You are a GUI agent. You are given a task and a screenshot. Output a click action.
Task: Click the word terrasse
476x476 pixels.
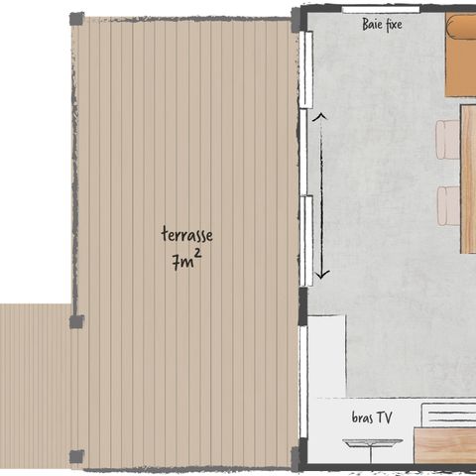click(186, 235)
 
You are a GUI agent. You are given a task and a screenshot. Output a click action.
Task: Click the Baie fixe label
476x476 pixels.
click(382, 24)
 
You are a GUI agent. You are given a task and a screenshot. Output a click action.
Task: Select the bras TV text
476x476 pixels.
click(372, 418)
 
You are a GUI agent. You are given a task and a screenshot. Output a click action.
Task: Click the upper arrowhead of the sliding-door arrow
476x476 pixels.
click(319, 118)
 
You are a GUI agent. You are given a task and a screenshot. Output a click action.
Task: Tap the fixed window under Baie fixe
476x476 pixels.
click(380, 9)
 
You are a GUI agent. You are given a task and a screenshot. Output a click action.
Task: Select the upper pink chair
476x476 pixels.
click(448, 140)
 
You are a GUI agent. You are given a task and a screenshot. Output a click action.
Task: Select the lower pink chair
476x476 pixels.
click(448, 205)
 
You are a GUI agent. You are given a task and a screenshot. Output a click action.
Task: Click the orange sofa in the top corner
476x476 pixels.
click(461, 55)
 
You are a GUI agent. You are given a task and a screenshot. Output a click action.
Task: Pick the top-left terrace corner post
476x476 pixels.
click(76, 19)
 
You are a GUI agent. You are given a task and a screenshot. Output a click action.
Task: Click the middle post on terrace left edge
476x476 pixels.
click(76, 321)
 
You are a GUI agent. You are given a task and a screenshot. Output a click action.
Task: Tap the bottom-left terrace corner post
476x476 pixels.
click(76, 456)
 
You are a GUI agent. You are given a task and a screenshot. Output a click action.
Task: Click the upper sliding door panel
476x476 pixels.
click(307, 69)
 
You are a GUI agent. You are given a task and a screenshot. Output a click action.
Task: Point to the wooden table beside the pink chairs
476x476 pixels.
click(468, 178)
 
